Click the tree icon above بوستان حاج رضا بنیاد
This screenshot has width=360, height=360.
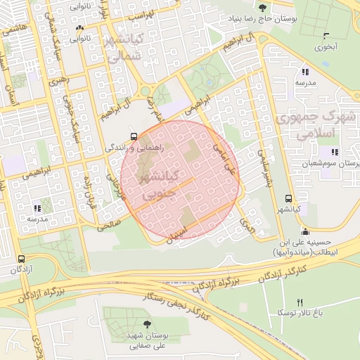tap(262, 8)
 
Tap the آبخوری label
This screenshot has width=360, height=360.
tap(326, 49)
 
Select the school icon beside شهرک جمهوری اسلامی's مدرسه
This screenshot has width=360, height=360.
tap(304, 72)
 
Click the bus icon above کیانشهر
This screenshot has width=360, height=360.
tap(288, 199)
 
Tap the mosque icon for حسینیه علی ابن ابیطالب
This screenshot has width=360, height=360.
tap(304, 232)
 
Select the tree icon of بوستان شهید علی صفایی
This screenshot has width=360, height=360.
tap(146, 323)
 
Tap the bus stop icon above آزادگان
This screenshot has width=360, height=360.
tap(20, 259)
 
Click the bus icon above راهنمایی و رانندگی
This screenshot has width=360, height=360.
tap(133, 137)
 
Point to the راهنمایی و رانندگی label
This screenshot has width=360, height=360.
tap(138, 148)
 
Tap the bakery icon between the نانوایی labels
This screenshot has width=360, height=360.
tap(79, 29)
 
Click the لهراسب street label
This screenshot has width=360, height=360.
tap(139, 14)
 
